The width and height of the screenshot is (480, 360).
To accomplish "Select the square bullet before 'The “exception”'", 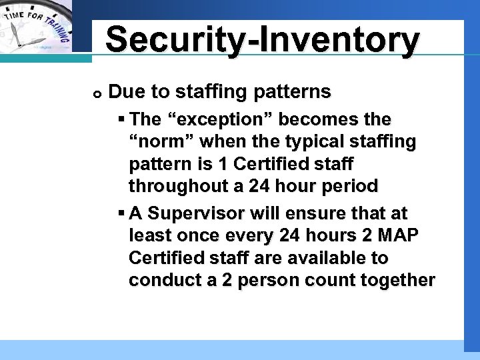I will coord(121,119).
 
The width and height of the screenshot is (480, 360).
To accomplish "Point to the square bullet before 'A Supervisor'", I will coord(121,213).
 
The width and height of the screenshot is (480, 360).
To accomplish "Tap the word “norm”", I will coord(157,141).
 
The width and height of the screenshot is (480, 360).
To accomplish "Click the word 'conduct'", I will coord(164,280).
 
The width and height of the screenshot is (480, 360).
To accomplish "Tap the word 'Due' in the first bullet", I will coord(122,91).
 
